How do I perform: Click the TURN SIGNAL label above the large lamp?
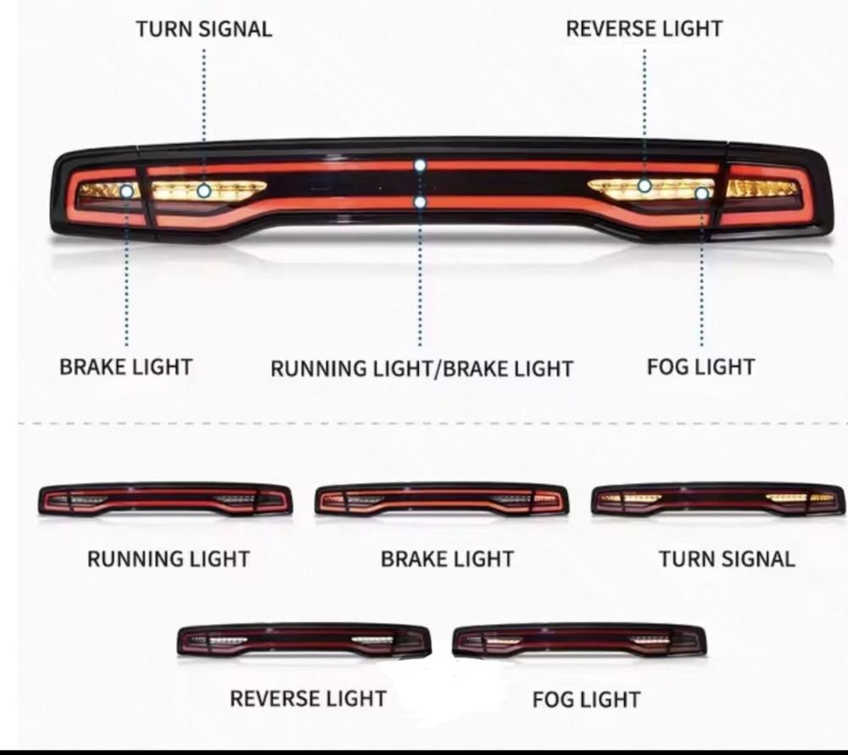[204, 29]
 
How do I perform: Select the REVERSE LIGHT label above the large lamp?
[644, 29]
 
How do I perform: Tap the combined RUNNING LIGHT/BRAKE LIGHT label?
[421, 369]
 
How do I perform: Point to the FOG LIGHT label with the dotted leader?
[700, 367]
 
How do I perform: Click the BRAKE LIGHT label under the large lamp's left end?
[126, 367]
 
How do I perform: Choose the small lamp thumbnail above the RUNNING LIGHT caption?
[165, 500]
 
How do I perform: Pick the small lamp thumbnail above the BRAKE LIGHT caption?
[442, 500]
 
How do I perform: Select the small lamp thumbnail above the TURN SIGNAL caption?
[718, 500]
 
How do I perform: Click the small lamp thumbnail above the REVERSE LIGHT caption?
[304, 641]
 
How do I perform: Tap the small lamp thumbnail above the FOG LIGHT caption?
[580, 641]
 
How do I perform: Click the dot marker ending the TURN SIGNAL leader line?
[204, 192]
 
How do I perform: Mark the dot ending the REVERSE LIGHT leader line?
[644, 185]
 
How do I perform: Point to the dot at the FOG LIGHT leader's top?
[701, 194]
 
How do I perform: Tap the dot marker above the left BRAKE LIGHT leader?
[126, 192]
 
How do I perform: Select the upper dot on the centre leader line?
[420, 165]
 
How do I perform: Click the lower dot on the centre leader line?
[420, 202]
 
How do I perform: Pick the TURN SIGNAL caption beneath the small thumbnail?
[727, 558]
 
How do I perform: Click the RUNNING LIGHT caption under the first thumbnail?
[168, 558]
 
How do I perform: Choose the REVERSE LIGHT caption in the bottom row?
[308, 698]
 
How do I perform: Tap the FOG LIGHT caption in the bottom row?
[586, 700]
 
